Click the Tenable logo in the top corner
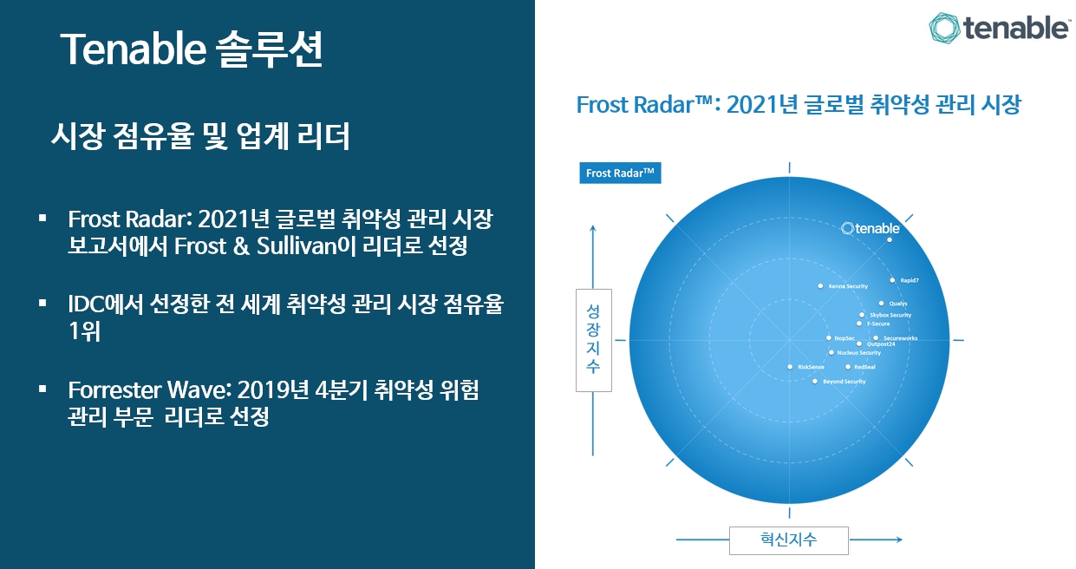click(1000, 28)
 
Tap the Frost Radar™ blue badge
click(620, 173)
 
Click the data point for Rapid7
click(892, 280)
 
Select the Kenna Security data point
click(820, 286)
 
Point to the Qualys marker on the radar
click(882, 304)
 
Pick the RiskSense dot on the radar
click(790, 367)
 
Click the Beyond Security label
click(844, 382)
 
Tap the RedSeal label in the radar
click(864, 367)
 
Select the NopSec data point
click(829, 338)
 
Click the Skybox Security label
click(890, 315)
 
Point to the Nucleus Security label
click(859, 353)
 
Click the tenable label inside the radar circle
click(871, 228)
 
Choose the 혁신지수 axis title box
click(789, 540)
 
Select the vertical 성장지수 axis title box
click(594, 340)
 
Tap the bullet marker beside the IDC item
click(42, 303)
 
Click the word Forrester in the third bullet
click(114, 389)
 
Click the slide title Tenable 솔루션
click(192, 49)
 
